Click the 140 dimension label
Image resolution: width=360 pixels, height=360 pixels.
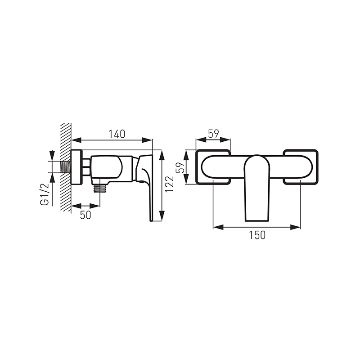117,134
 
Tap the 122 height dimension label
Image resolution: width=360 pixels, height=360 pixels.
170,184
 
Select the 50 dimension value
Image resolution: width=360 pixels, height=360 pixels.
85,215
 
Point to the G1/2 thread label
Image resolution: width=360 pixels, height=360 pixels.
45,194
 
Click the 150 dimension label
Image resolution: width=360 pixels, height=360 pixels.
257,235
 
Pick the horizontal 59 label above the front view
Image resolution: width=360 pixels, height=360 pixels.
213,134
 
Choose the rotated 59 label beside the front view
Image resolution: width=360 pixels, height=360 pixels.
180,167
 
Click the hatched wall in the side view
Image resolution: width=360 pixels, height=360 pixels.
66,167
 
